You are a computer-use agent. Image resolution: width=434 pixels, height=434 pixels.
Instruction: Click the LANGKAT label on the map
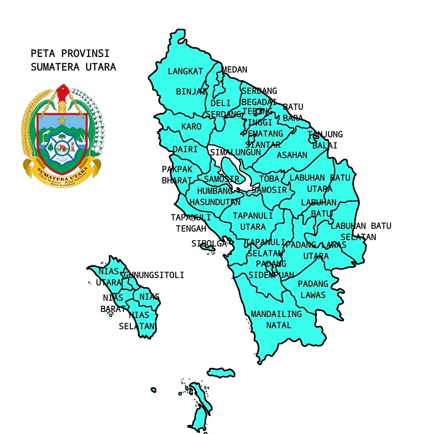pos(185,72)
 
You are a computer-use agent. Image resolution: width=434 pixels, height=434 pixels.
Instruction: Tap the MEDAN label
pos(235,70)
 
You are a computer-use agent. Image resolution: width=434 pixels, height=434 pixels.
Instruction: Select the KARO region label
pos(191,127)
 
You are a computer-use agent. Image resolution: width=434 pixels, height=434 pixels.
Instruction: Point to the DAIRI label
pos(185,150)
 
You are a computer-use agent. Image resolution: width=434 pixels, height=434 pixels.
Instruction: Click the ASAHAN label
pos(292,155)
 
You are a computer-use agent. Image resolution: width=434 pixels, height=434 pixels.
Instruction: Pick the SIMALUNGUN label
pos(235,153)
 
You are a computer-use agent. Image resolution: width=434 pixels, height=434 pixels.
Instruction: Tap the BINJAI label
pos(191,92)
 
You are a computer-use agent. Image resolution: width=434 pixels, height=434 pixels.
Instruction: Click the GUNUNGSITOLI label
pos(154,275)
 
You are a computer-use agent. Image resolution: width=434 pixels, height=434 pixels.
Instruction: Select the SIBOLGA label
pos(209,244)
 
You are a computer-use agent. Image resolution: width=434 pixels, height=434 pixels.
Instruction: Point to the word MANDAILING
pos(276,314)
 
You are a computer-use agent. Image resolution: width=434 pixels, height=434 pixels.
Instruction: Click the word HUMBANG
pos(215,191)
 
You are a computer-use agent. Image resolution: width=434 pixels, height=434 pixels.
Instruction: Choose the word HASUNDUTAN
pos(215,202)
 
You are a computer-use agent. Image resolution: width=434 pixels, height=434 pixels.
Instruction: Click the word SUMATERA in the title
pos(55,67)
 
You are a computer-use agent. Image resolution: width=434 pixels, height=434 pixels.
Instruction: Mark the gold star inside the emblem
pos(62,120)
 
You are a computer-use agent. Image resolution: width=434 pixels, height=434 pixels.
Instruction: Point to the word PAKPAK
pos(177,170)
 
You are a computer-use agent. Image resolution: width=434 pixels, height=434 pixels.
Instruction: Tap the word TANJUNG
pos(325,135)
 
